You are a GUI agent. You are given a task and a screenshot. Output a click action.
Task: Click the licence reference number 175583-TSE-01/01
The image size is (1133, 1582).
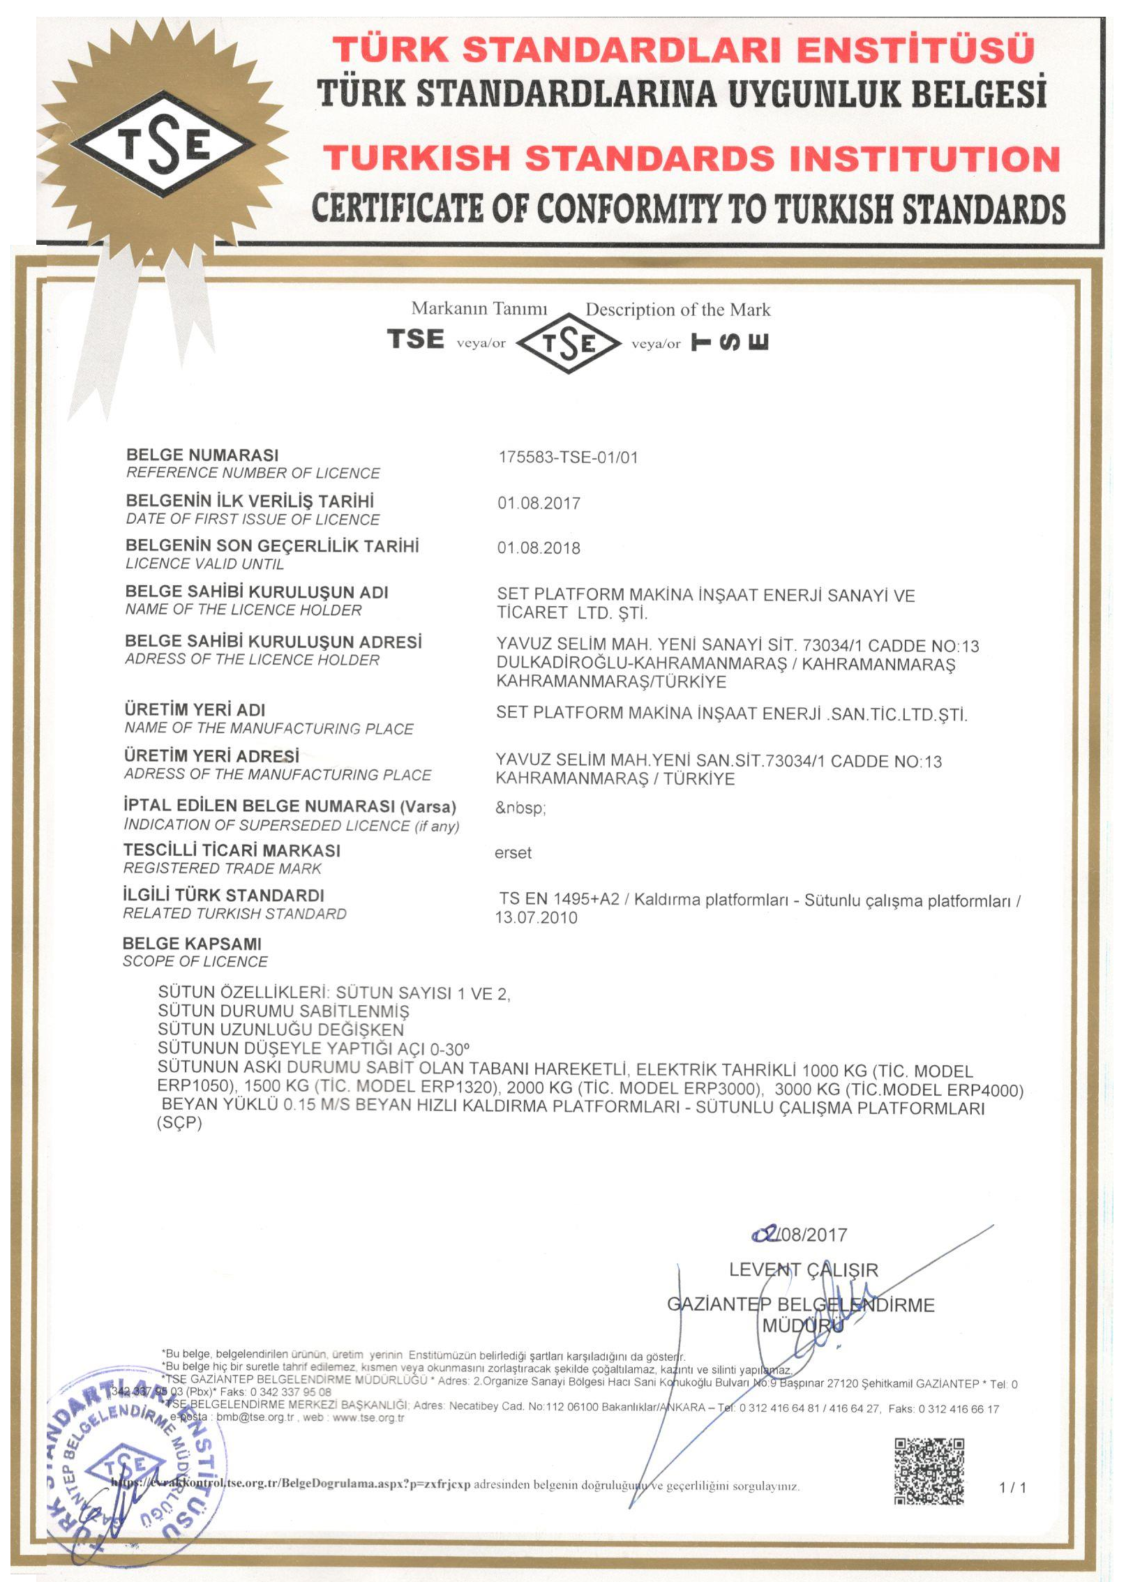point(568,458)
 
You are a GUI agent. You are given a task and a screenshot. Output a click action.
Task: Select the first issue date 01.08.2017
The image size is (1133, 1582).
point(539,503)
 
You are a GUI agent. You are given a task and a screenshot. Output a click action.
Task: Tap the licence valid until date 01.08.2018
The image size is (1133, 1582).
point(539,548)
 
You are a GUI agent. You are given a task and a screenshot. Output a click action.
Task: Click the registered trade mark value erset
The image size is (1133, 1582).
point(513,853)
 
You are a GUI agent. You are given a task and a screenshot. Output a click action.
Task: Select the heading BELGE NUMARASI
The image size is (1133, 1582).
point(202,455)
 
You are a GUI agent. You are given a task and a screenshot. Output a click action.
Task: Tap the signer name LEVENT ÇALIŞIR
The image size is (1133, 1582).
point(803,1270)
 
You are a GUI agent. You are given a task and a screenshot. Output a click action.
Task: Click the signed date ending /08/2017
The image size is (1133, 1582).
point(800,1235)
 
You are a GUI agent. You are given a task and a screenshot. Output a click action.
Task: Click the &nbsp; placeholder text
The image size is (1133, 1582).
point(520,808)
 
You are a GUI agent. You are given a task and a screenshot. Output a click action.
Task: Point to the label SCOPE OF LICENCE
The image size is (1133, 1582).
point(195,961)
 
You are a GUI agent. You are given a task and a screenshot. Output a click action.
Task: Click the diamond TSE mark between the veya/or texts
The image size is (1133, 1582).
point(569,342)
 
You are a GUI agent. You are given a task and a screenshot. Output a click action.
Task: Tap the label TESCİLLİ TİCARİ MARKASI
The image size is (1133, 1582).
point(232,850)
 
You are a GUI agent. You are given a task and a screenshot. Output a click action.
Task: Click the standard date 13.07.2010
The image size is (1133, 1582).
point(537,918)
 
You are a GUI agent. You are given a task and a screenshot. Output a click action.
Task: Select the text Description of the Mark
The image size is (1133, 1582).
point(677,310)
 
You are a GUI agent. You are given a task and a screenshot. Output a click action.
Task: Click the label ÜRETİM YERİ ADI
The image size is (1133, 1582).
point(195,709)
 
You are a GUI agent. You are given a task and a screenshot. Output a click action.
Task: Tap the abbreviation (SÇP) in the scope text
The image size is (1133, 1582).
point(179,1123)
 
